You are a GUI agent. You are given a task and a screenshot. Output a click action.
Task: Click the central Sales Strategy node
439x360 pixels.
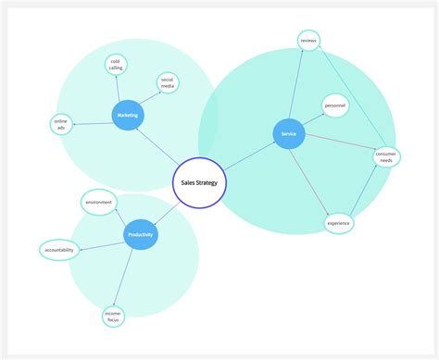click(x=199, y=184)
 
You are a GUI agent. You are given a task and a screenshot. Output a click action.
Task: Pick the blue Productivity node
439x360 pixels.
click(x=140, y=235)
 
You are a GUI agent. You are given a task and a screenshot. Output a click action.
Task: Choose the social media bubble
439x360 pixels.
click(x=168, y=82)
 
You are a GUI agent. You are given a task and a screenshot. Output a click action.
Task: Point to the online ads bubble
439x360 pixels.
click(x=62, y=124)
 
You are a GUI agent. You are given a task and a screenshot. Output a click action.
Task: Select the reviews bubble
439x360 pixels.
click(x=308, y=39)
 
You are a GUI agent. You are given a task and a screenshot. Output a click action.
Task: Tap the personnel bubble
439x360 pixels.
click(x=334, y=106)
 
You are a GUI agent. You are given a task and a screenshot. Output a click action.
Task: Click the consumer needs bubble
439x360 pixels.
click(x=386, y=156)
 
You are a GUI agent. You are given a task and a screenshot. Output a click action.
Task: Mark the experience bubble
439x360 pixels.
click(x=339, y=223)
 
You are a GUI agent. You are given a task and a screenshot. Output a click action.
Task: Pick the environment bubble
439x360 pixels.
click(x=98, y=202)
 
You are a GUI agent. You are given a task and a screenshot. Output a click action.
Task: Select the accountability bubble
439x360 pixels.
click(x=57, y=249)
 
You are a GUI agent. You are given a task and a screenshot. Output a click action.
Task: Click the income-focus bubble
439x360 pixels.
click(x=114, y=317)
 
